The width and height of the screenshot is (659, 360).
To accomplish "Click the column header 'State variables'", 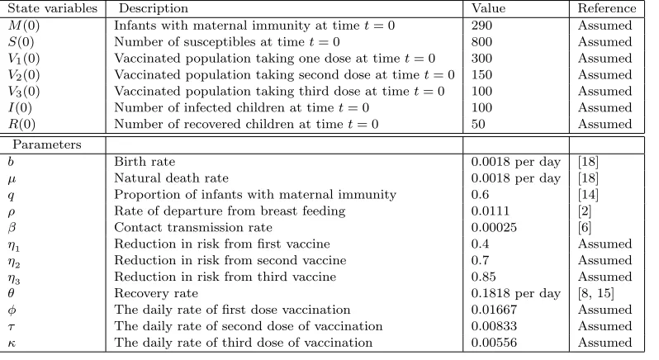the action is point(53,8).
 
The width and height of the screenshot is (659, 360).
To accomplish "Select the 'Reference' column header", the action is point(607,8).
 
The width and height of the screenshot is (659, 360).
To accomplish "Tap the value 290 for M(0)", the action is point(481,26).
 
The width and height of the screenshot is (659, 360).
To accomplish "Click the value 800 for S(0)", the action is point(481,41).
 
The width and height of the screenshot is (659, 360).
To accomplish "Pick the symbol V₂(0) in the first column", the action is point(24,75).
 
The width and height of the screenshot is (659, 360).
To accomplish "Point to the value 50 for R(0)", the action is point(478,124).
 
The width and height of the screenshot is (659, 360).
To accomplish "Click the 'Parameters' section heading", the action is point(46,144).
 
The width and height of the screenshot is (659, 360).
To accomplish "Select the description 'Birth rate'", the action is point(145,161).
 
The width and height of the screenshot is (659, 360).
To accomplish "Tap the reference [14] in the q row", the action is point(588,195).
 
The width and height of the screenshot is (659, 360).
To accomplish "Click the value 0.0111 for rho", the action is point(490,211).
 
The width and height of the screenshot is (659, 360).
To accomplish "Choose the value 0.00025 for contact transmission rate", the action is point(494,227).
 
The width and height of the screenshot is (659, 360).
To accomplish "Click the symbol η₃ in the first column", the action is point(14,278).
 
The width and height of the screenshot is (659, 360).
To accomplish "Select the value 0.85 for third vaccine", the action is point(483,277).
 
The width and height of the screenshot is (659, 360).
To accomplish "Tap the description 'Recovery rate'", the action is point(156,293).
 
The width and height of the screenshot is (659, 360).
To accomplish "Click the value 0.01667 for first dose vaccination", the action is point(494,310).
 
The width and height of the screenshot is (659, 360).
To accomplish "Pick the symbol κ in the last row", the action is point(12,343).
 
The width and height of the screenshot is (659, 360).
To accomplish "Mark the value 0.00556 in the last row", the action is point(494,343).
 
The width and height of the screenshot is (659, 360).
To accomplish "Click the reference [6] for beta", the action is point(585,227).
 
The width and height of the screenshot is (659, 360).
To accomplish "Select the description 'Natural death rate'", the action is point(172,178).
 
